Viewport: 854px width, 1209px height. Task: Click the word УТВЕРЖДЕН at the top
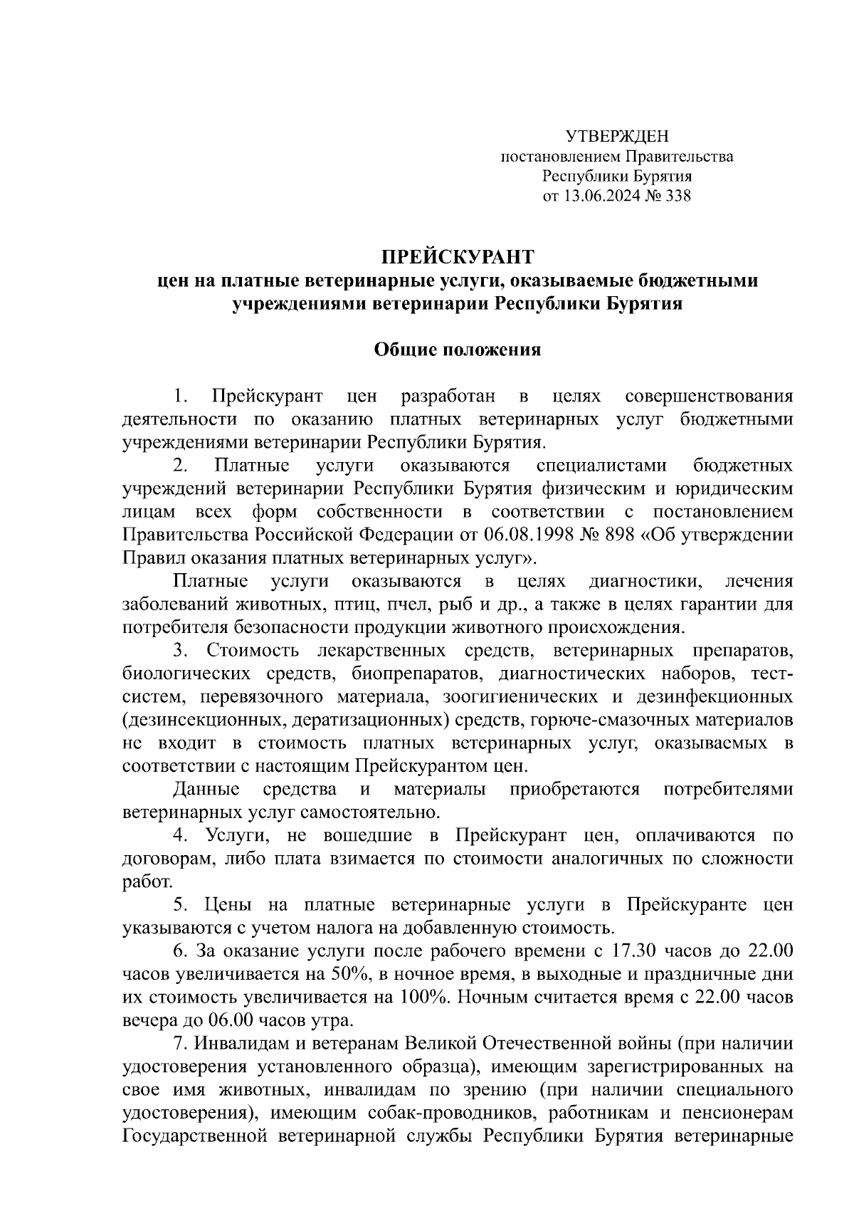(617, 136)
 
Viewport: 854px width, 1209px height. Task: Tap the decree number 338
(677, 196)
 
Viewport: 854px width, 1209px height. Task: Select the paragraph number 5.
(181, 905)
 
